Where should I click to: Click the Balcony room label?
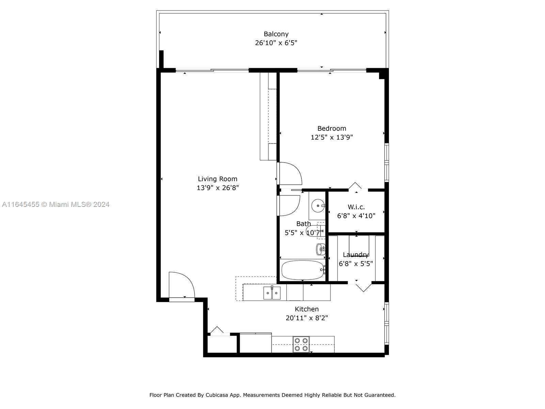click(x=276, y=34)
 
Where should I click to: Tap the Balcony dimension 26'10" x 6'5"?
click(x=276, y=43)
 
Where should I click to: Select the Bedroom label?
click(x=331, y=128)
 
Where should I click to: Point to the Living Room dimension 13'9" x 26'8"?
click(x=217, y=188)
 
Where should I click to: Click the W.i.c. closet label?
click(x=356, y=207)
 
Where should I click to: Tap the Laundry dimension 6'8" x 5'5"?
click(x=356, y=263)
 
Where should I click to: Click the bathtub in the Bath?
click(x=302, y=270)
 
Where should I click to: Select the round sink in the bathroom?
click(x=317, y=206)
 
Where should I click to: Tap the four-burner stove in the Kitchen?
click(x=301, y=344)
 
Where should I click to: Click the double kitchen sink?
click(x=272, y=293)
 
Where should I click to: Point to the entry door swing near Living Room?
click(x=182, y=285)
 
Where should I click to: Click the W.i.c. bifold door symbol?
click(x=355, y=186)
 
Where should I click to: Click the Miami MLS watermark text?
click(x=56, y=204)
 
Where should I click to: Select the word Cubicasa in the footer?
click(x=217, y=395)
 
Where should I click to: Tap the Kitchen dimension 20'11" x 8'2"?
click(x=307, y=318)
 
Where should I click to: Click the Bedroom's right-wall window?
click(x=387, y=162)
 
